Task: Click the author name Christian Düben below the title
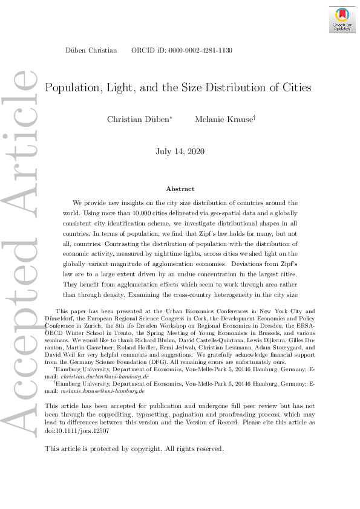pos(139,120)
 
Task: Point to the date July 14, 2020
pos(180,151)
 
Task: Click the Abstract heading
pos(180,189)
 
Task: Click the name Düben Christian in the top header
pos(91,51)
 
